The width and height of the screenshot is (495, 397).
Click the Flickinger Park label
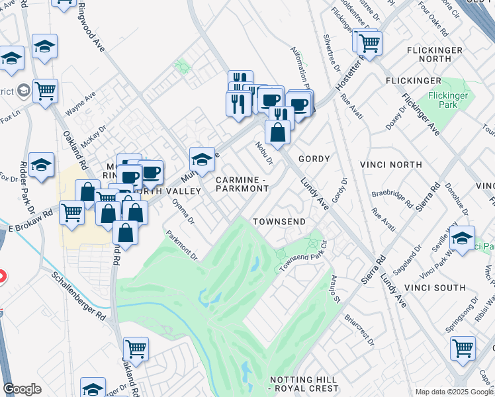click(448, 100)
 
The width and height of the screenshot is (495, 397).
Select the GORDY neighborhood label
click(314, 159)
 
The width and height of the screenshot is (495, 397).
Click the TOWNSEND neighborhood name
click(279, 221)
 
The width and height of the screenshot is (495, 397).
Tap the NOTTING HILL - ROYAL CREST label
click(304, 384)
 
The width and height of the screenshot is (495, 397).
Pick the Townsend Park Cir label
click(302, 262)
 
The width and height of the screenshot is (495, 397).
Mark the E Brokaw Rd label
click(30, 222)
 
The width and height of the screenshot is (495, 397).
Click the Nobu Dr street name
click(264, 152)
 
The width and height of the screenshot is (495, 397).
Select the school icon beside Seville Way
click(463, 237)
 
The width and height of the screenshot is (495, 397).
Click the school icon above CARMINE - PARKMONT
click(202, 159)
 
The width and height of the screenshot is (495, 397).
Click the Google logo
click(22, 389)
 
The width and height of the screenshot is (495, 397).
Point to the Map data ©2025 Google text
click(454, 392)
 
